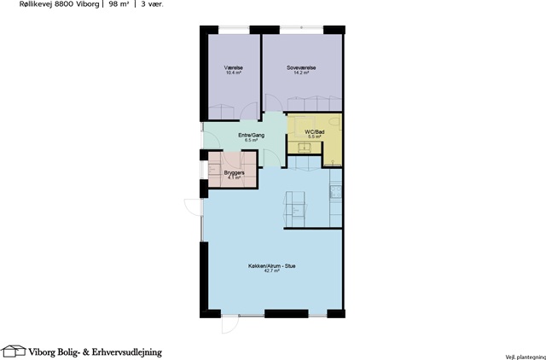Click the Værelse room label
pyautogui.click(x=234, y=68)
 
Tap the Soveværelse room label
pyautogui.click(x=301, y=68)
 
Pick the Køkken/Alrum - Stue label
pyautogui.click(x=271, y=266)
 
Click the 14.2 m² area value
pyautogui.click(x=301, y=73)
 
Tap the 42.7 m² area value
pyautogui.click(x=272, y=270)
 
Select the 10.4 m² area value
pyautogui.click(x=234, y=73)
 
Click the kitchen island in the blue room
pyautogui.click(x=296, y=209)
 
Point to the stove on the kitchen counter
pyautogui.click(x=336, y=192)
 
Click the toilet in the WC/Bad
pyautogui.click(x=335, y=123)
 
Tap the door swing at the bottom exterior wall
pyautogui.click(x=229, y=324)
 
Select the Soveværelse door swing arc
pyautogui.click(x=272, y=102)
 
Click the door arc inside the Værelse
pyautogui.click(x=249, y=111)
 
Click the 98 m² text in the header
pyautogui.click(x=119, y=4)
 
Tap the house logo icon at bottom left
pyautogui.click(x=14, y=351)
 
